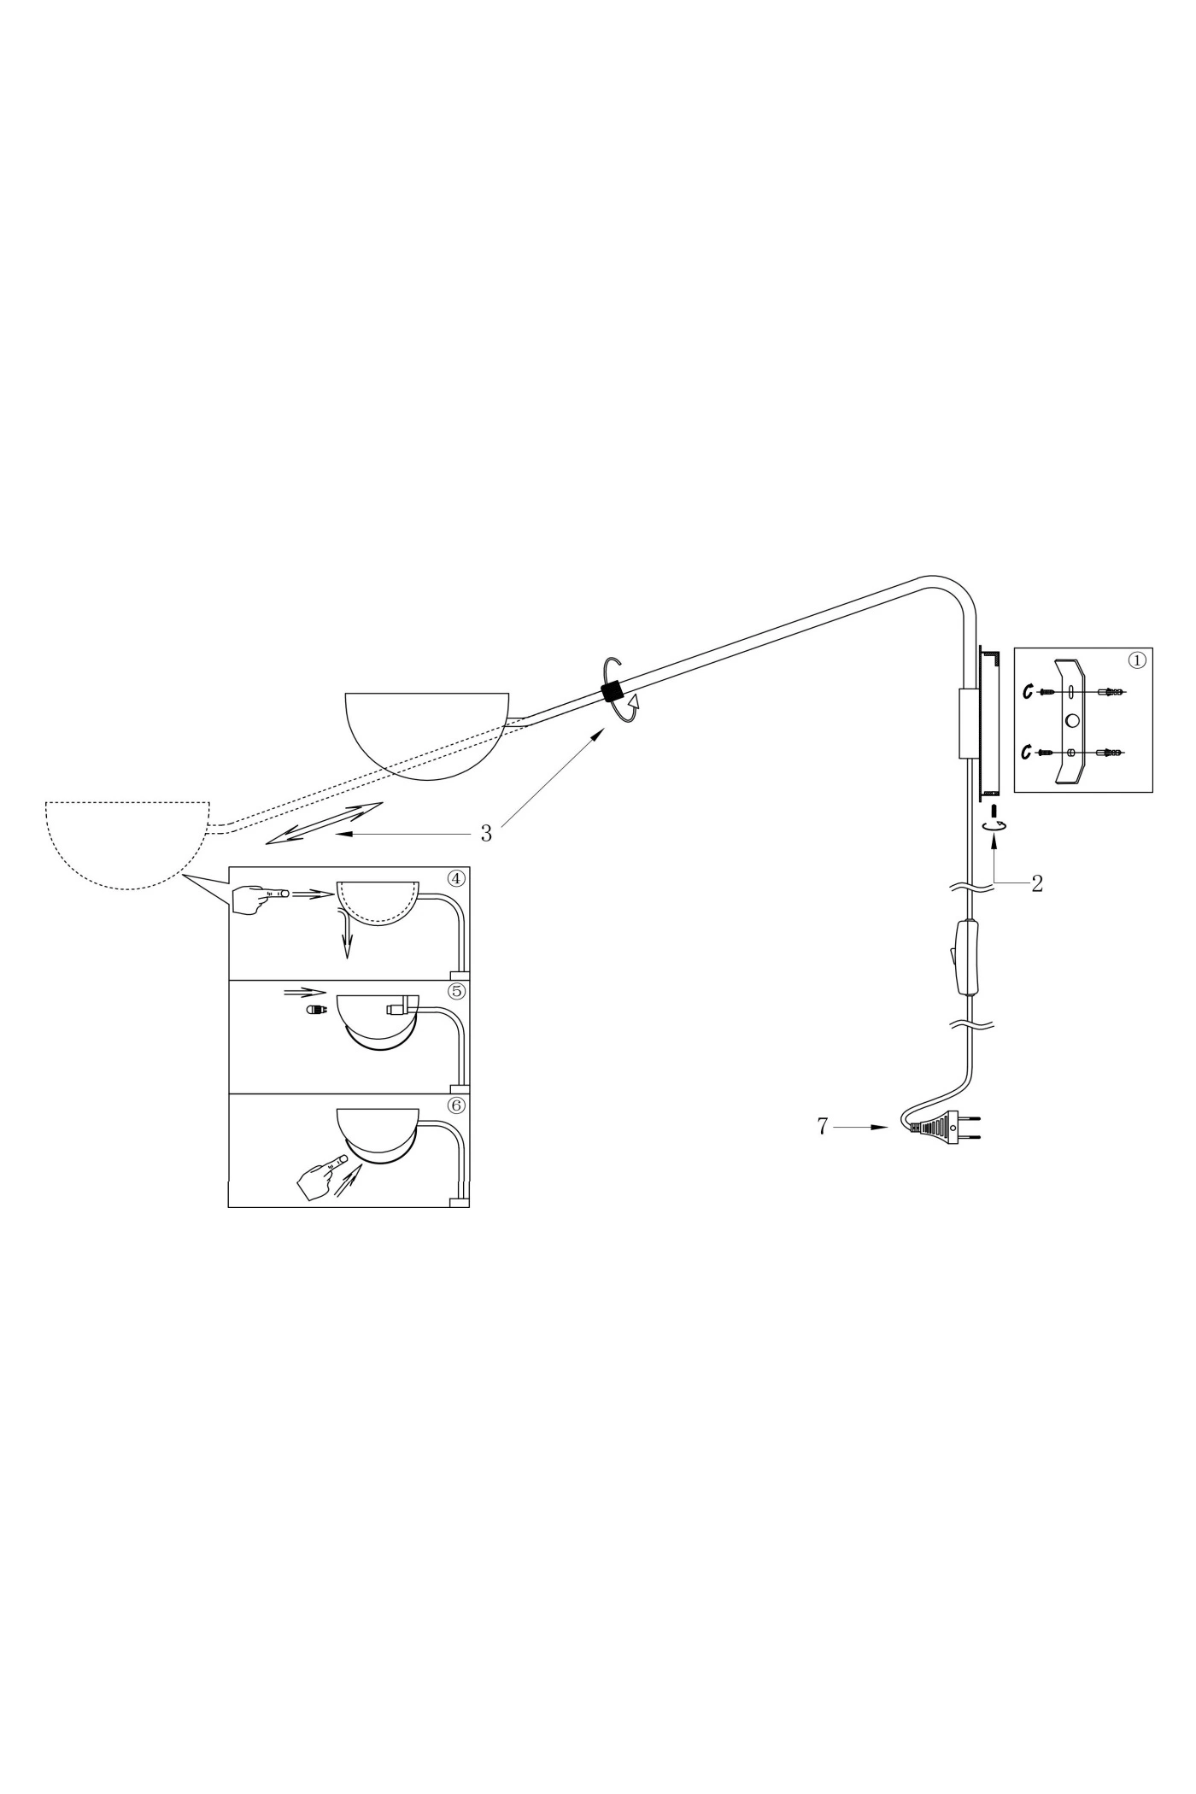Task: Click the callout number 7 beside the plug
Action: pos(823,1127)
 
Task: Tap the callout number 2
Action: pos(1037,883)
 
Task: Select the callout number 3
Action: pos(486,834)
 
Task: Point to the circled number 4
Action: pos(457,878)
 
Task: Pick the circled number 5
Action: pos(457,991)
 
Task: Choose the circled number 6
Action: pos(457,1105)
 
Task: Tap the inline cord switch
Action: pos(967,957)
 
